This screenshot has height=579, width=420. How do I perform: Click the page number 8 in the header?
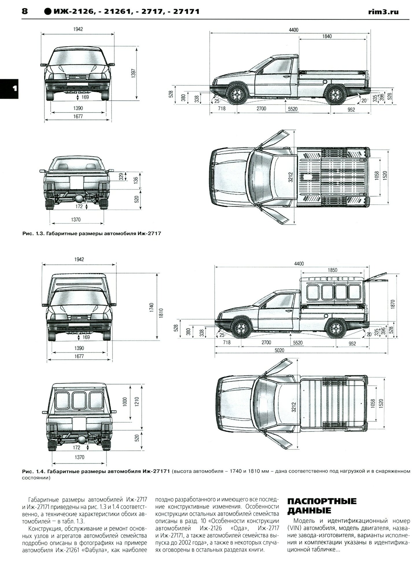click(x=25, y=11)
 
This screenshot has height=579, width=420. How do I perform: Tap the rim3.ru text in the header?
click(x=384, y=12)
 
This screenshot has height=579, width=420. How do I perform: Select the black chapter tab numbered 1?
click(x=9, y=89)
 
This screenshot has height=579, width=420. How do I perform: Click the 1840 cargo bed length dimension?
click(x=326, y=36)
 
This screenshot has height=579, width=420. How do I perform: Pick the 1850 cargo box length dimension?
click(x=332, y=270)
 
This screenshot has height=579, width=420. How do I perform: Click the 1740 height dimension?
click(x=152, y=308)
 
